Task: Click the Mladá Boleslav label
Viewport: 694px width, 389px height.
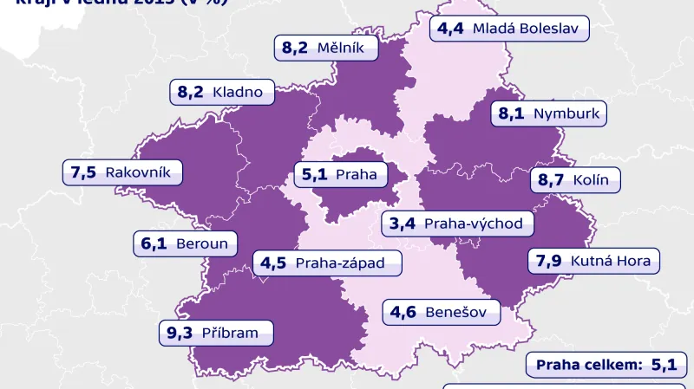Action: coord(510,29)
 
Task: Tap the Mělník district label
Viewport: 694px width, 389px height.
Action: coord(328,48)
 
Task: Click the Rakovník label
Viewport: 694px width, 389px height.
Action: coord(122,172)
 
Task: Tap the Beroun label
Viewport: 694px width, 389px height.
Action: coord(185,243)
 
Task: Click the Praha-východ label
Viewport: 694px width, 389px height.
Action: coord(456,224)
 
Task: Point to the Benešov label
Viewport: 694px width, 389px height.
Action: coord(442,311)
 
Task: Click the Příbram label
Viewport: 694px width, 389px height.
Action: coord(214,332)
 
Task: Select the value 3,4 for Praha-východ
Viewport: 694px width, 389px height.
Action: coord(403,224)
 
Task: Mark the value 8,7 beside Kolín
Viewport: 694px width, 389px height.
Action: coord(552,181)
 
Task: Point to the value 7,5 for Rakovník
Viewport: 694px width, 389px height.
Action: coord(84,172)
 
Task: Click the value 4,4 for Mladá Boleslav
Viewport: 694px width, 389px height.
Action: coord(450,29)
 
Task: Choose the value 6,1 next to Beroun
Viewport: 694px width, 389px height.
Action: coord(154,243)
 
